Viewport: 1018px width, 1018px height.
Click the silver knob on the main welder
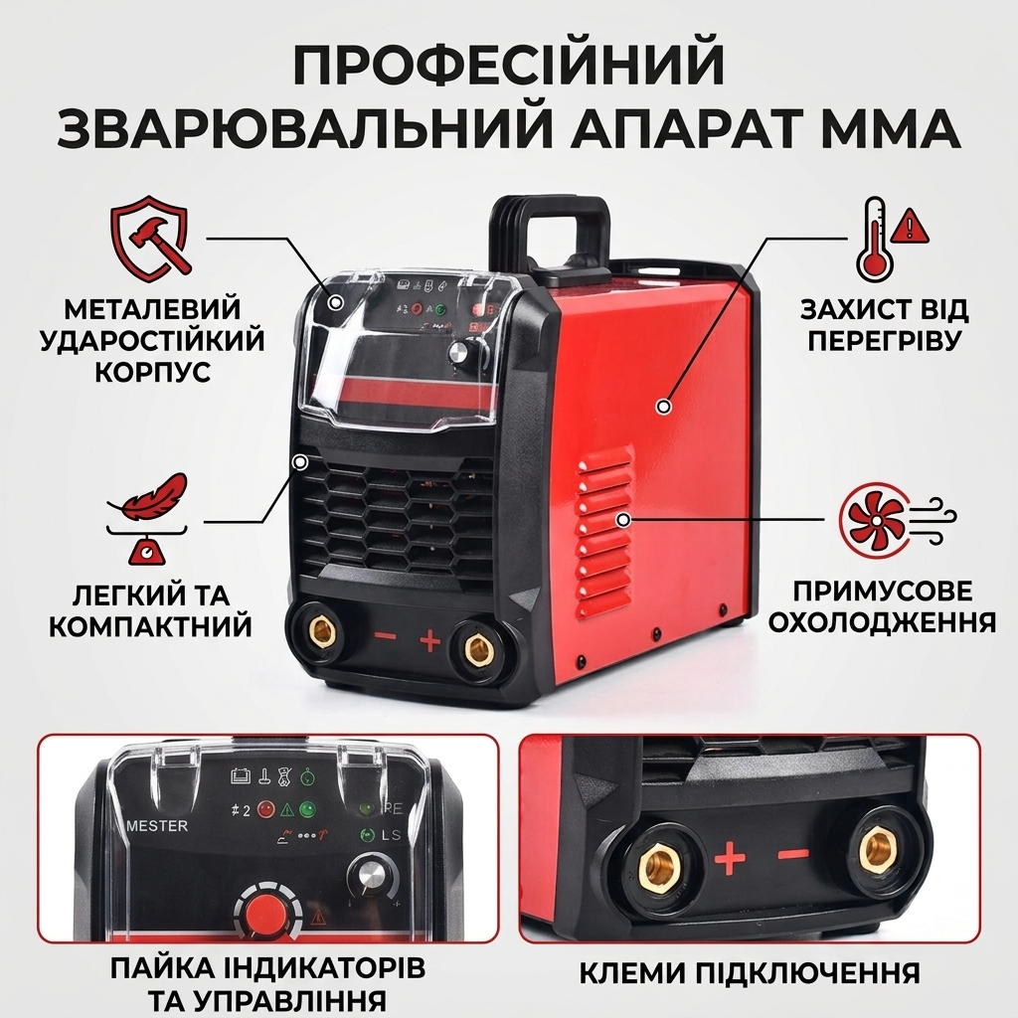[459, 352]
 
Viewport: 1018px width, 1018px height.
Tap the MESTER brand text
[156, 826]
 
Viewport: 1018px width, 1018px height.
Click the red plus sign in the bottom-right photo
[730, 860]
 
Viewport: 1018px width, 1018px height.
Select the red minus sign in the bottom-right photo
[793, 856]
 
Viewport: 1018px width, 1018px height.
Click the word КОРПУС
[153, 372]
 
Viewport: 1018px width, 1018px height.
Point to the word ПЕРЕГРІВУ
[884, 340]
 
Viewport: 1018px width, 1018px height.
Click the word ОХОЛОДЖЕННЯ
[882, 622]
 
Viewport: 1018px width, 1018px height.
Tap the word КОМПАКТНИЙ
[151, 626]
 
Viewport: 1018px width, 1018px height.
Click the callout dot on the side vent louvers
[623, 519]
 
